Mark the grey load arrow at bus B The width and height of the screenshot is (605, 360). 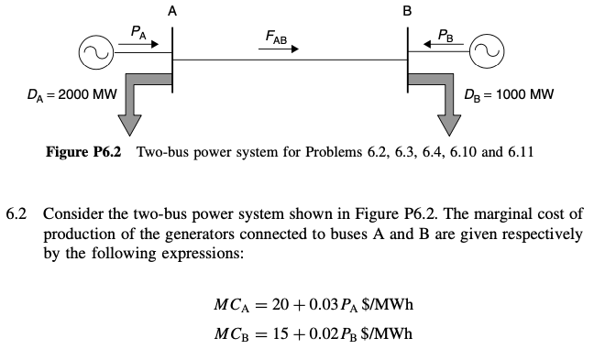click(x=445, y=101)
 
